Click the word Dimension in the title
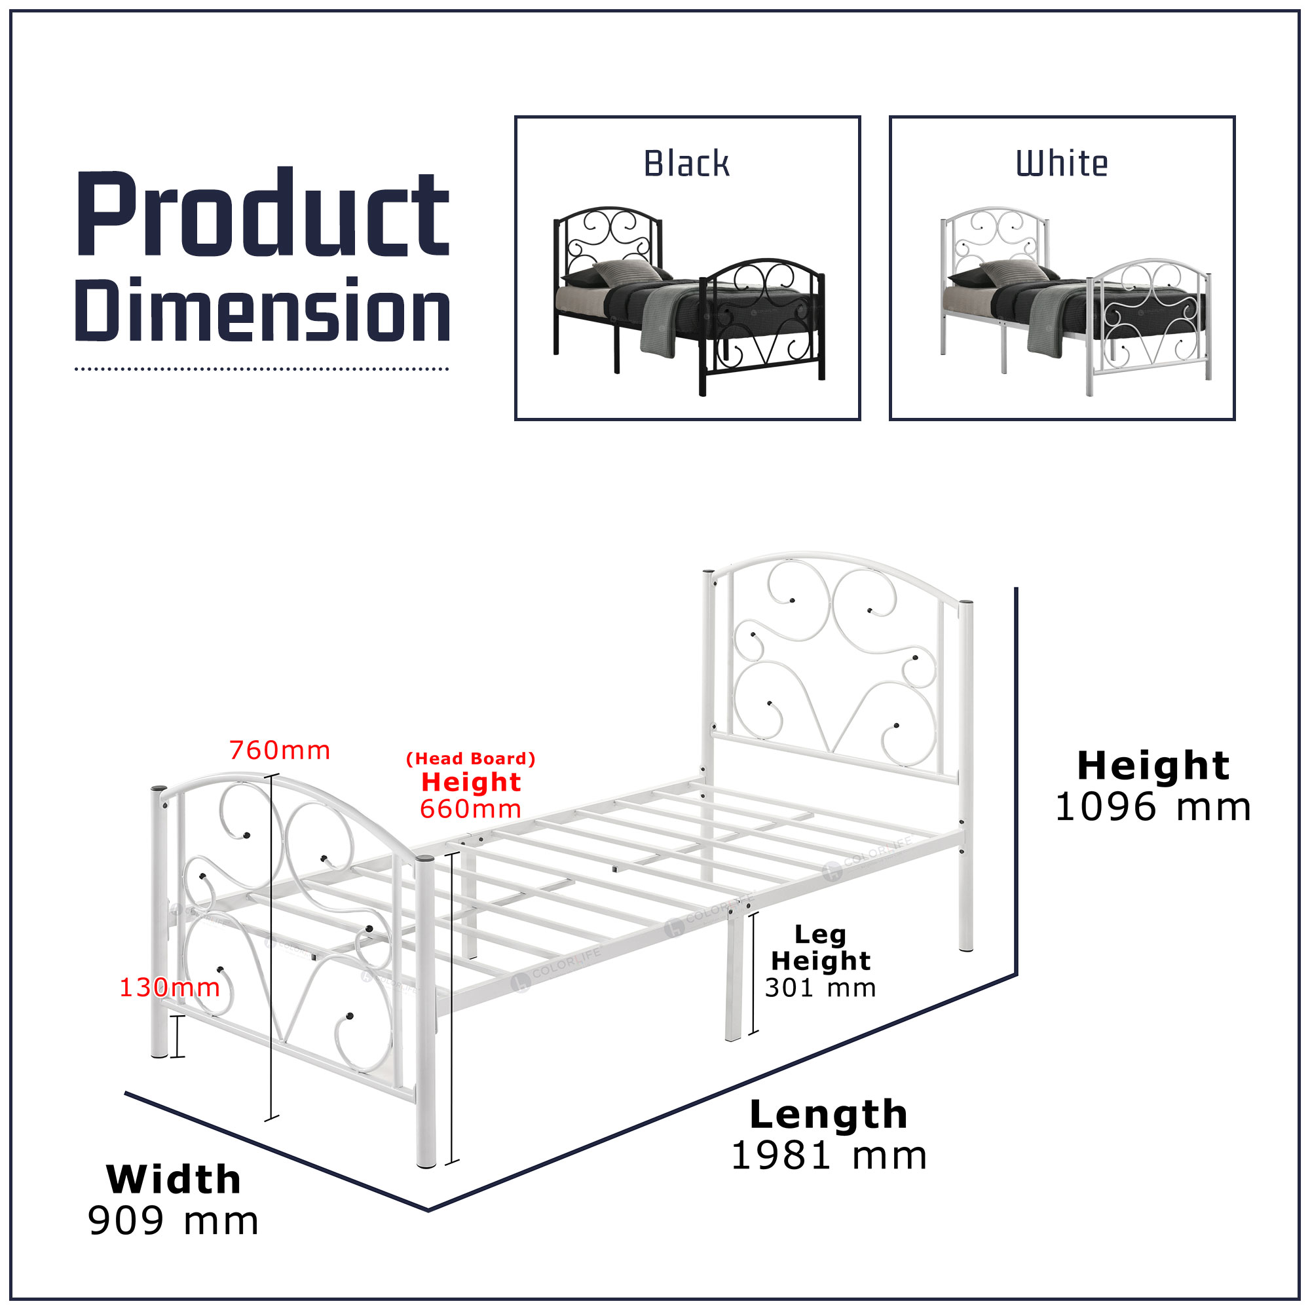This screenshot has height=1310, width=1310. (x=263, y=310)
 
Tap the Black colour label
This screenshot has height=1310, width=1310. (x=686, y=164)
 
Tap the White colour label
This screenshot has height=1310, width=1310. (x=1061, y=164)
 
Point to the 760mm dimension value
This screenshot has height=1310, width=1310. (x=280, y=751)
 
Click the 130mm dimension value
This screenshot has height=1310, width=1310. (x=170, y=987)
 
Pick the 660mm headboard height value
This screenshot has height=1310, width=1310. (x=470, y=809)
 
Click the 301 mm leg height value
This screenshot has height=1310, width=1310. (x=821, y=988)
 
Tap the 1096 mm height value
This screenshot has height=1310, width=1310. (x=1153, y=808)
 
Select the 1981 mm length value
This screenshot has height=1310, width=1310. (x=829, y=1156)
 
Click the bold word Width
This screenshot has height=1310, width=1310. (x=174, y=1180)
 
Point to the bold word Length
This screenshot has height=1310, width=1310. (x=829, y=1115)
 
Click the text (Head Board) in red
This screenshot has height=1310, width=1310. (x=470, y=758)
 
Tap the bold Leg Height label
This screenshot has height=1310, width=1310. (x=821, y=947)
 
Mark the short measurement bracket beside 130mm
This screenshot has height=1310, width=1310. (x=178, y=1037)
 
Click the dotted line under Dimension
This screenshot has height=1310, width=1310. (x=262, y=369)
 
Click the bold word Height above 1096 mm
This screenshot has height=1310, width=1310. (x=1153, y=766)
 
